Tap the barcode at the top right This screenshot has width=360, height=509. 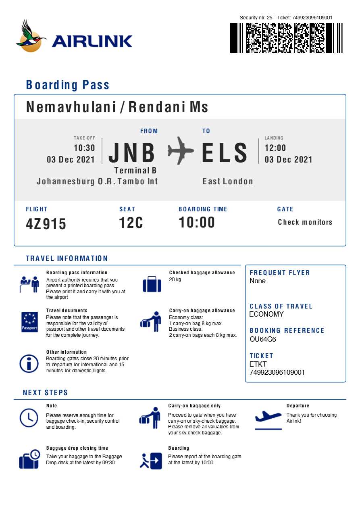286,38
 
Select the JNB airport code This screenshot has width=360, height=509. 132,153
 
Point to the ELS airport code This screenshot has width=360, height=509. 225,153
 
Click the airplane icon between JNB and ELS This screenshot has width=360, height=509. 180,151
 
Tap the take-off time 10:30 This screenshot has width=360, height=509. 84,148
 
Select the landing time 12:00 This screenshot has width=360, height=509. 275,148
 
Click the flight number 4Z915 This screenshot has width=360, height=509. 46,224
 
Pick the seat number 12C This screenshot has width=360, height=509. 131,223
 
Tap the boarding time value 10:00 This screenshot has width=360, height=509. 197,223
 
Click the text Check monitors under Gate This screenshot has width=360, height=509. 305,222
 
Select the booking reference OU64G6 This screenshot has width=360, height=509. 263,339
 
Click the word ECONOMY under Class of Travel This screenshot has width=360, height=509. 266,314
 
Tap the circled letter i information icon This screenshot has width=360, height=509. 29,363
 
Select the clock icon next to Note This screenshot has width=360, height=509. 29,417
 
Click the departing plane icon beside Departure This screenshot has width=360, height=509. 268,417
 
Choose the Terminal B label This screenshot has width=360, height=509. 135,171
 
